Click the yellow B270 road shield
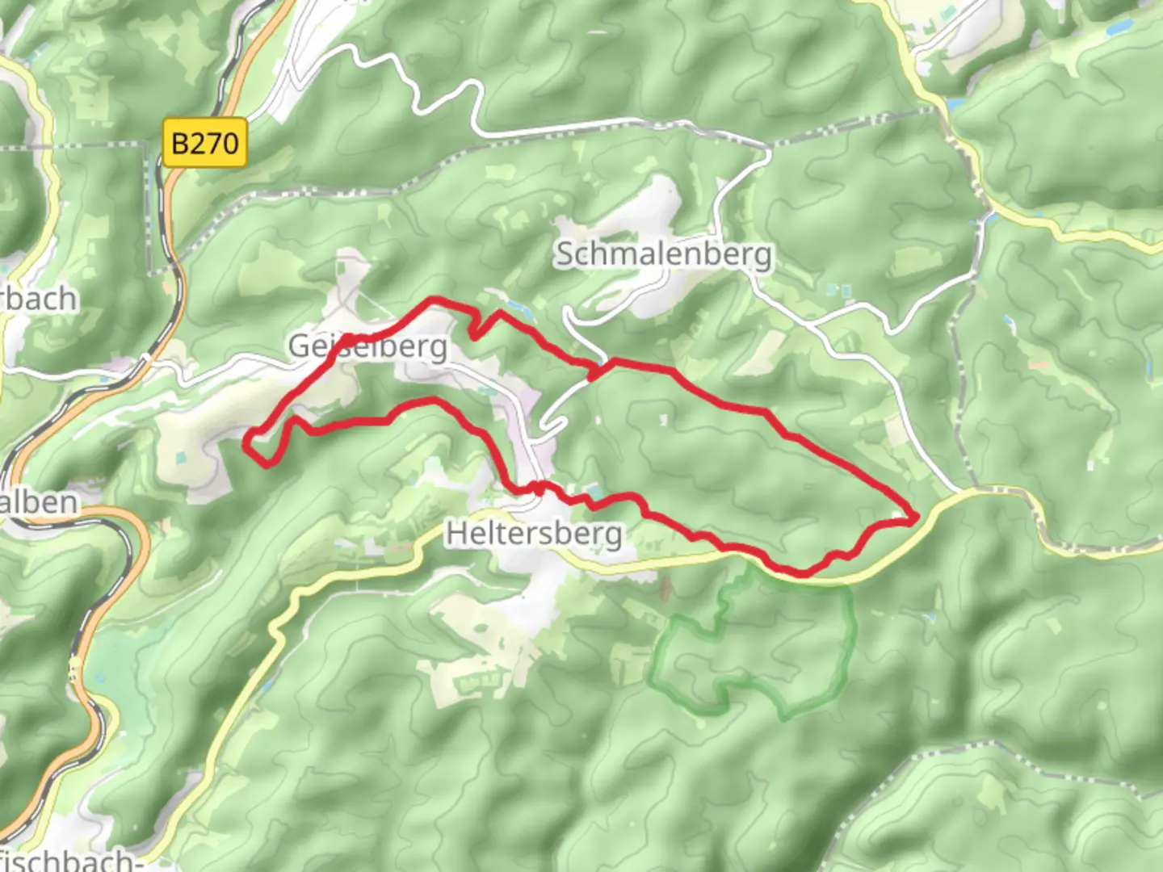(x=204, y=144)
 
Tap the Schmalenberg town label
(x=663, y=254)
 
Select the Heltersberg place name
(x=534, y=533)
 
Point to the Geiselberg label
(x=367, y=346)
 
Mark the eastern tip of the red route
(x=917, y=518)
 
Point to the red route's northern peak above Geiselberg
(x=437, y=300)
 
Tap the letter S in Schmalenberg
(x=565, y=254)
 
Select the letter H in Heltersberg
(x=456, y=533)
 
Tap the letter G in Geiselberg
(x=300, y=346)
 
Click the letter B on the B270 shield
(x=181, y=144)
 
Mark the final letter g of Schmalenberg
(x=762, y=257)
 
